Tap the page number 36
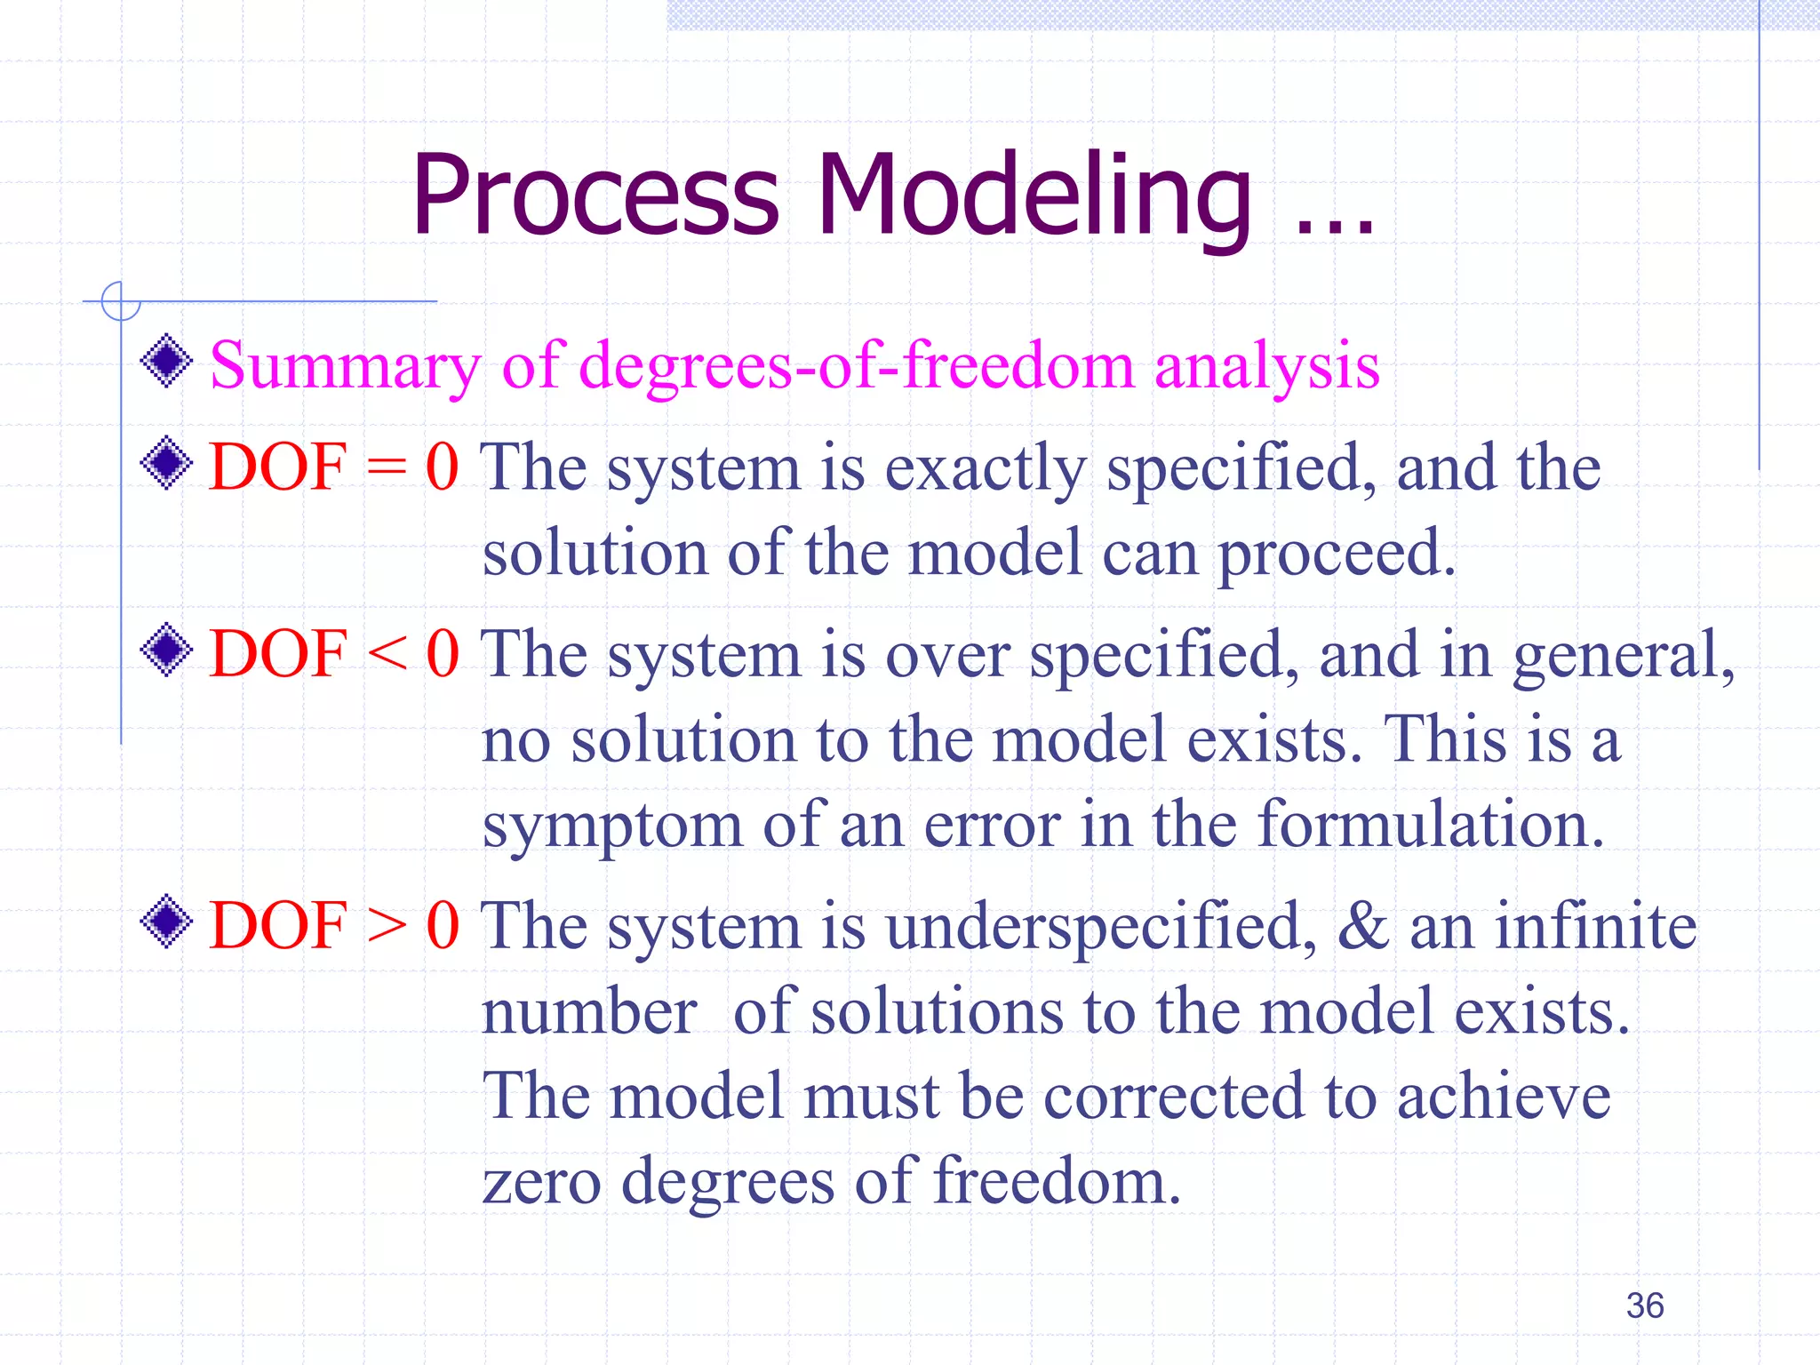pyautogui.click(x=1644, y=1305)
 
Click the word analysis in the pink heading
pyautogui.click(x=1266, y=366)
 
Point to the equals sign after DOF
pyautogui.click(x=387, y=468)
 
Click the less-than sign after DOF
pyautogui.click(x=387, y=655)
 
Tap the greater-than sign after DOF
pyautogui.click(x=387, y=926)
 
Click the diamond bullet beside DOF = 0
pyautogui.click(x=166, y=463)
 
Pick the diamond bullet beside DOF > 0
pyautogui.click(x=166, y=922)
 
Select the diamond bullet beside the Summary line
pyautogui.click(x=166, y=361)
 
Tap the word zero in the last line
pyautogui.click(x=541, y=1183)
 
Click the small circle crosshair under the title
pyautogui.click(x=120, y=300)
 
